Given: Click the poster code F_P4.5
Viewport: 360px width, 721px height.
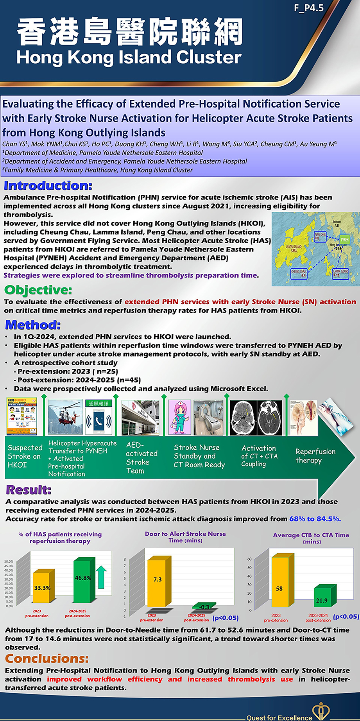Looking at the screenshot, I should coord(309,8).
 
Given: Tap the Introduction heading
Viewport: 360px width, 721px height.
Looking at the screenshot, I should coord(48,186).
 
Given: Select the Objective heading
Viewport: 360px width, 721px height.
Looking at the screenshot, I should coord(38,290).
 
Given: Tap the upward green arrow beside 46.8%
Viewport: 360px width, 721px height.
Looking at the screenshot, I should coord(101,576).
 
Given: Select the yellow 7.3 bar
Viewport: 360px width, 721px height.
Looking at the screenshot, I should coord(157,583).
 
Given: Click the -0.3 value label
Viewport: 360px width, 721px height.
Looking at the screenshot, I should coord(204,607).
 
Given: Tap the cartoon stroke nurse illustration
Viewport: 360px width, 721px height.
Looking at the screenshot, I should coord(179,417).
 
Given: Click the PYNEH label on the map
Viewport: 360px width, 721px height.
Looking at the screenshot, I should coord(344,239).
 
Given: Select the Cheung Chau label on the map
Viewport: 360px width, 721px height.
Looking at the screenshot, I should coord(299,273).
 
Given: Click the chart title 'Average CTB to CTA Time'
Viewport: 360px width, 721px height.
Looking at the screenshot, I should coord(311,535).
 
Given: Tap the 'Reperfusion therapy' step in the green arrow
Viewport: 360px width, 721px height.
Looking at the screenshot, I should coord(315,456).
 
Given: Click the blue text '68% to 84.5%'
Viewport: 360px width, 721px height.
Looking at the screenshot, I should coord(315,519).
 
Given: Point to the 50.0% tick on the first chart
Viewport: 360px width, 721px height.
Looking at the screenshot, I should coord(9,562).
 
